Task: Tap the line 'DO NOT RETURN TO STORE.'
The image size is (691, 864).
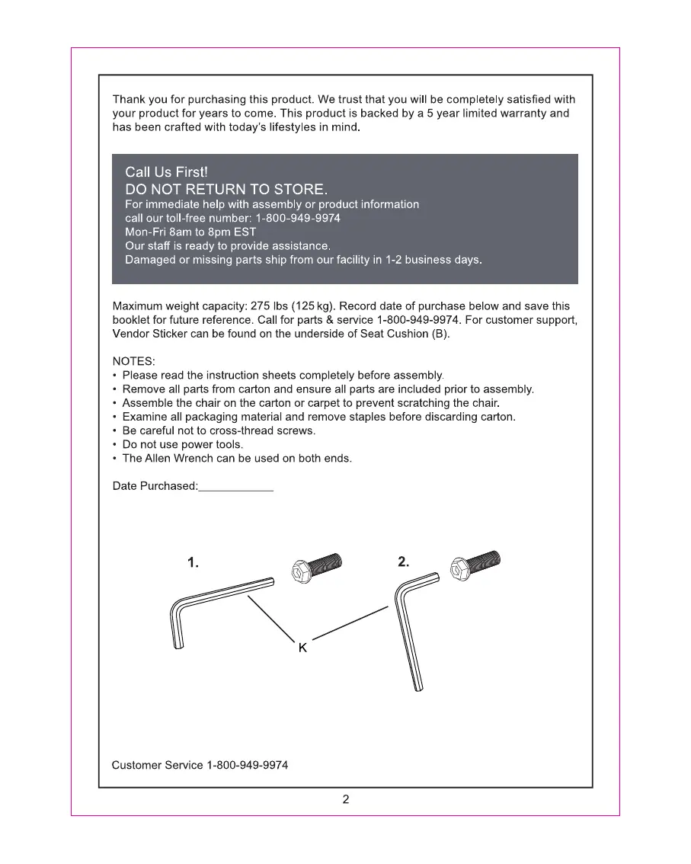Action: tap(226, 189)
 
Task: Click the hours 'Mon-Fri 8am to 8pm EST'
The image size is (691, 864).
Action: tap(190, 232)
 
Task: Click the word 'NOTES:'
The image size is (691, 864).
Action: tap(134, 361)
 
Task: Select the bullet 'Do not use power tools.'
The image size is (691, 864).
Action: tap(183, 444)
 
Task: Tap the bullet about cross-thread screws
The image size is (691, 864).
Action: tap(219, 430)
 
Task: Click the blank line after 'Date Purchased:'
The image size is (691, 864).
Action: tap(235, 487)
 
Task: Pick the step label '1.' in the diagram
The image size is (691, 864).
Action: tap(194, 563)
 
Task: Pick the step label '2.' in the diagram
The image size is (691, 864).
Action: tap(404, 562)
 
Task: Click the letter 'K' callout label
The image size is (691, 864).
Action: tap(302, 648)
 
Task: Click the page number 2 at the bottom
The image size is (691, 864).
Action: tap(346, 799)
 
